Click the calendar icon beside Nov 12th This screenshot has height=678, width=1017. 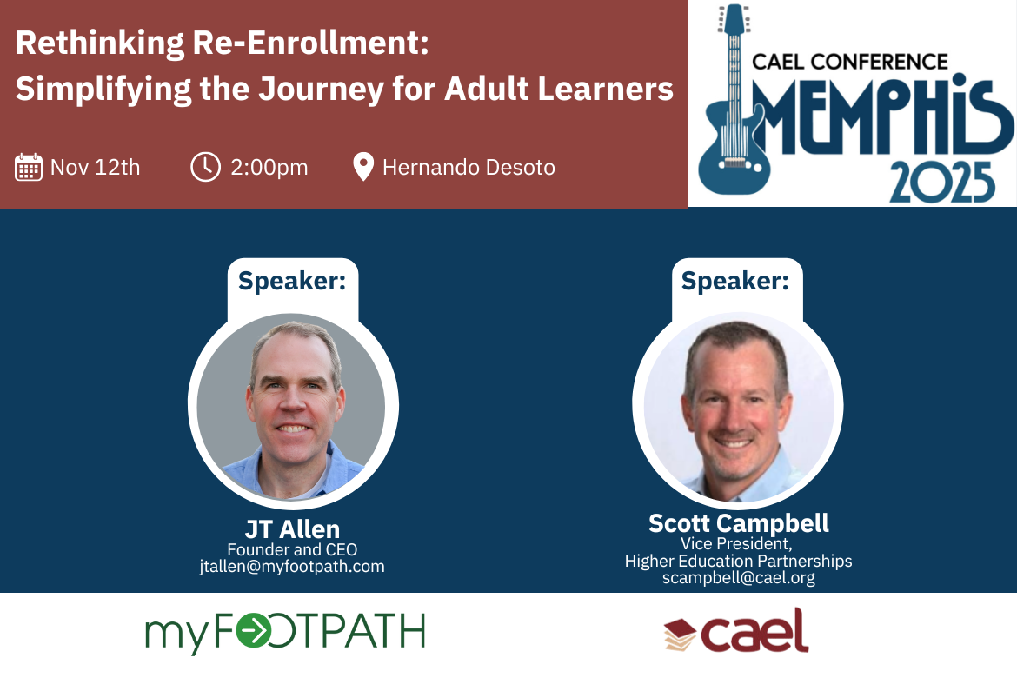tap(29, 168)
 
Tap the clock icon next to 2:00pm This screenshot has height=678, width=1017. tap(206, 168)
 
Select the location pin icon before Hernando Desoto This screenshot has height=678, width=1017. tap(363, 167)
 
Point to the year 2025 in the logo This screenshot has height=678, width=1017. tap(942, 183)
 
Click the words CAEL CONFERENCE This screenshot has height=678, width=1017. tap(849, 62)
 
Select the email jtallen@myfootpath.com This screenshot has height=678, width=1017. tap(292, 567)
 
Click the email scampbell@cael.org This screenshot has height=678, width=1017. tap(739, 577)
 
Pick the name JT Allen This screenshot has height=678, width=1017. tap(293, 529)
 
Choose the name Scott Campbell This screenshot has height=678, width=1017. tap(739, 523)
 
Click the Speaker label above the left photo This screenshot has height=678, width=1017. tap(292, 281)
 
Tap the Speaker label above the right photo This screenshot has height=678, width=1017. tap(734, 281)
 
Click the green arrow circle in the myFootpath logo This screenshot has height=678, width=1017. tap(253, 630)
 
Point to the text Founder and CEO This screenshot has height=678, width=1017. tap(292, 549)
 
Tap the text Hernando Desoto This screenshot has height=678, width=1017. tap(469, 168)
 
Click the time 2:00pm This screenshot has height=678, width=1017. tap(269, 168)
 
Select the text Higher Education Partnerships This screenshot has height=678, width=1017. tap(739, 561)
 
